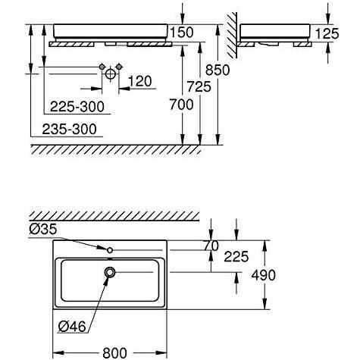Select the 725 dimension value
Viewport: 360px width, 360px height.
[201, 88]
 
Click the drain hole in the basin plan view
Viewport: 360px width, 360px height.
[111, 272]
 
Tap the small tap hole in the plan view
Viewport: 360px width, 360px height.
[111, 249]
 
